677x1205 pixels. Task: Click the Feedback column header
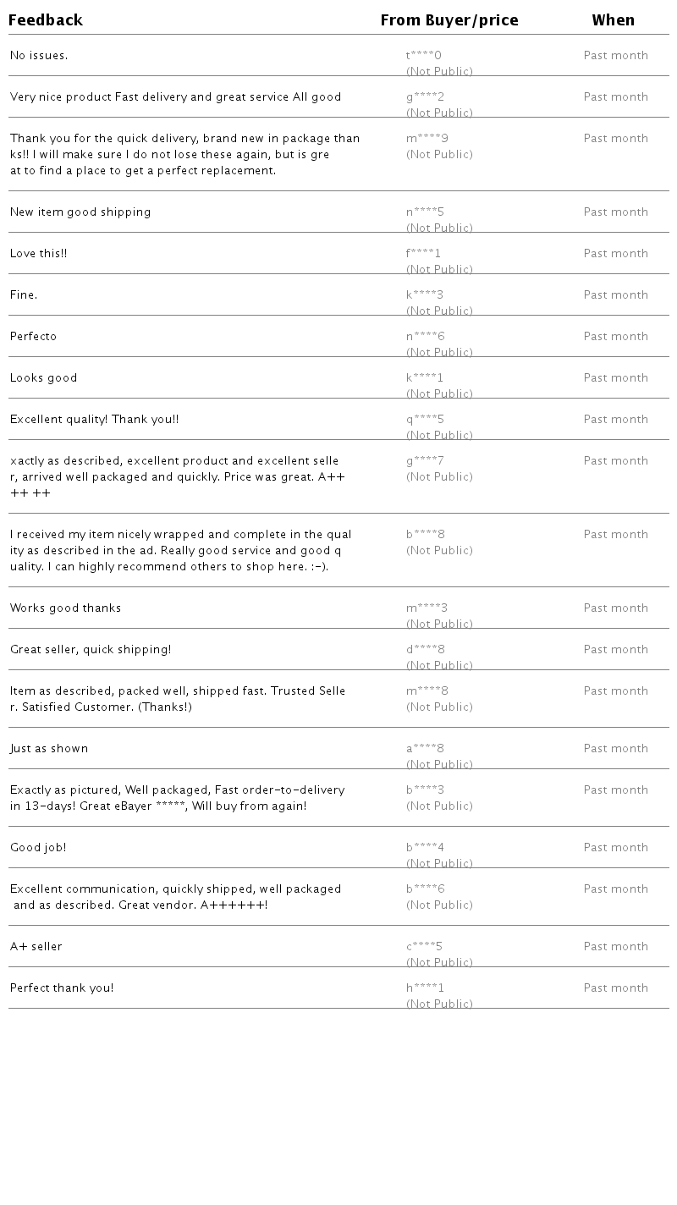pos(46,20)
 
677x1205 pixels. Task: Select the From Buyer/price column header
pos(449,20)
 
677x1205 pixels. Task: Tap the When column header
pos(614,20)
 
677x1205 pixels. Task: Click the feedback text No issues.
pos(39,56)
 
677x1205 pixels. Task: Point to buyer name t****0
pos(424,56)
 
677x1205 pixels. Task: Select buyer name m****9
pos(427,139)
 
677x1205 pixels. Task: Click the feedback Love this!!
pos(39,254)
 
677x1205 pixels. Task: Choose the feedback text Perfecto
pos(34,337)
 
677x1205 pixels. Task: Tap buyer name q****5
pos(425,420)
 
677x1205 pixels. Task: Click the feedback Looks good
pos(44,378)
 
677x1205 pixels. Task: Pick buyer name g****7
pos(425,461)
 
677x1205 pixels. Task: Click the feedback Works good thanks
pos(66,608)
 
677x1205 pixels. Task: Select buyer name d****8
pos(426,650)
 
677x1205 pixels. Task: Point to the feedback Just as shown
pos(49,749)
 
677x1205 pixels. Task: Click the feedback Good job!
pos(38,848)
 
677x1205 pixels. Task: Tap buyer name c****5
pos(424,947)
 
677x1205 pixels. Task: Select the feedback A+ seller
pos(36,947)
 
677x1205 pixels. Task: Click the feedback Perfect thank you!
pos(62,988)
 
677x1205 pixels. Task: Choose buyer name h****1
pos(425,988)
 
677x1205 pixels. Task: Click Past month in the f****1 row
pos(616,254)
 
